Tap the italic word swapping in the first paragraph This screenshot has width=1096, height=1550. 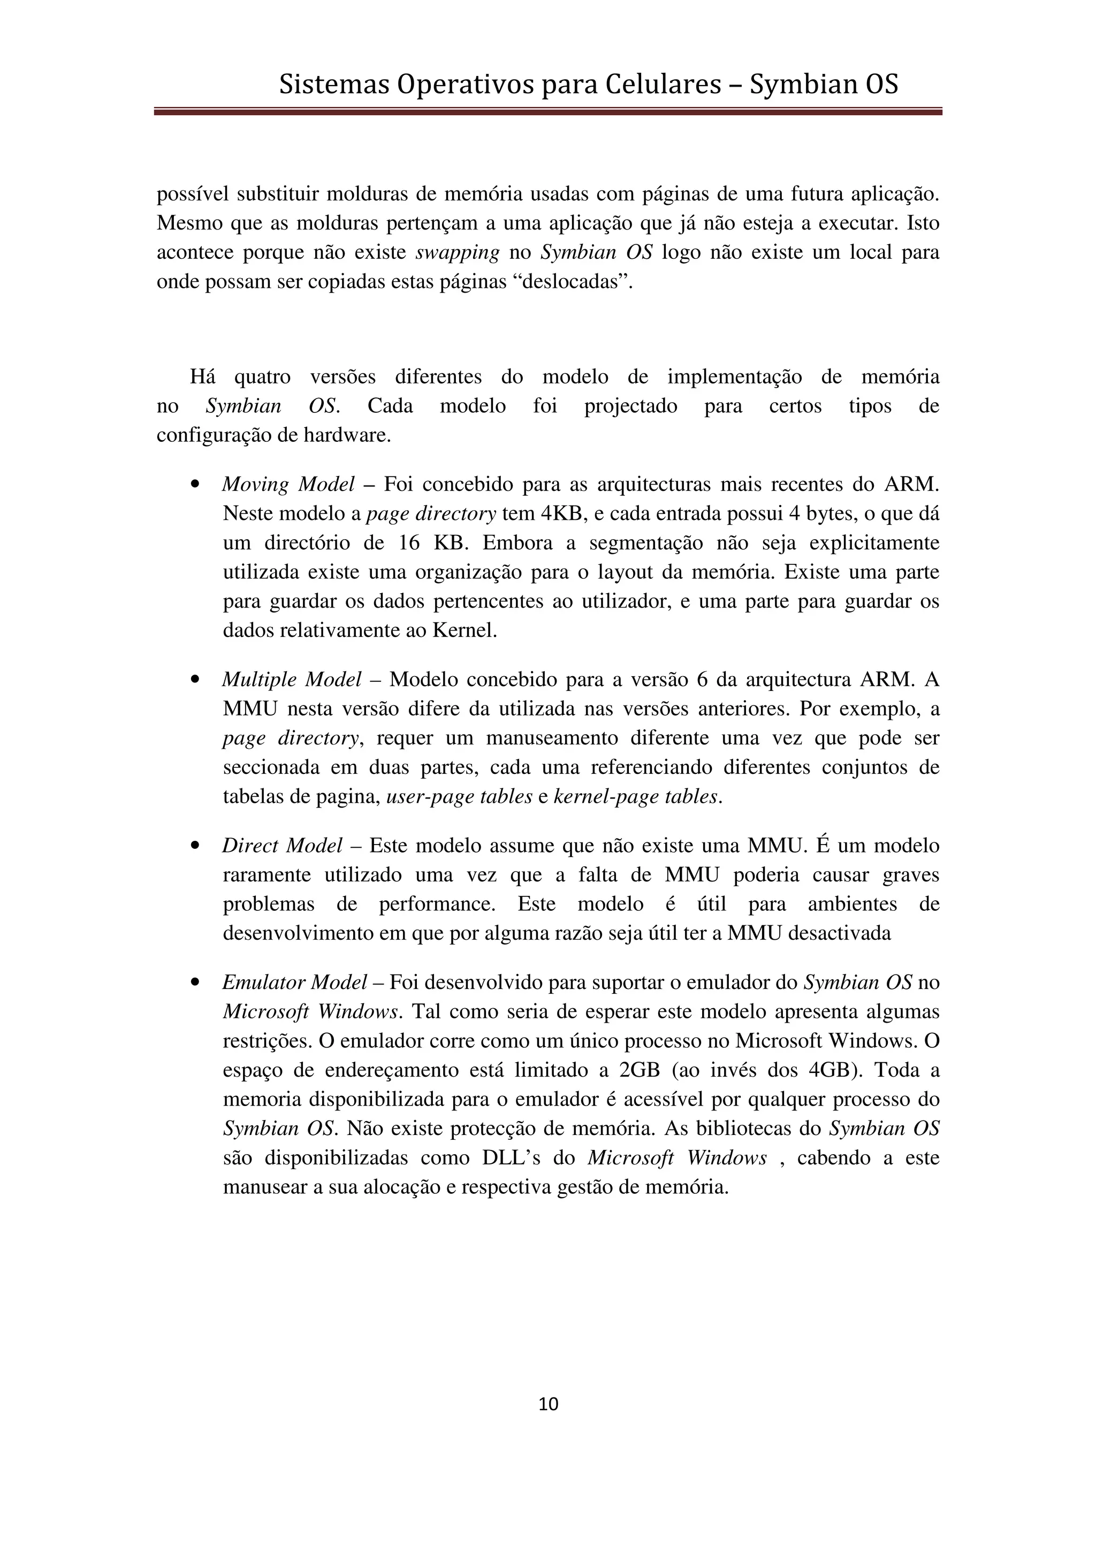pyautogui.click(x=457, y=252)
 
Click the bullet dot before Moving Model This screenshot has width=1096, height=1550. pyautogui.click(x=195, y=485)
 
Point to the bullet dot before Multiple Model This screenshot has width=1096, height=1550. pyautogui.click(x=195, y=680)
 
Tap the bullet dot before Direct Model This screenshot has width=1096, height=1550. pyautogui.click(x=195, y=846)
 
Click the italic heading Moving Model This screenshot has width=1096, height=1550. pyautogui.click(x=288, y=484)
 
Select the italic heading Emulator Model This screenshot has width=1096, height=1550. pyautogui.click(x=294, y=982)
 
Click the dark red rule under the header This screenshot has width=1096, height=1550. pyautogui.click(x=547, y=111)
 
